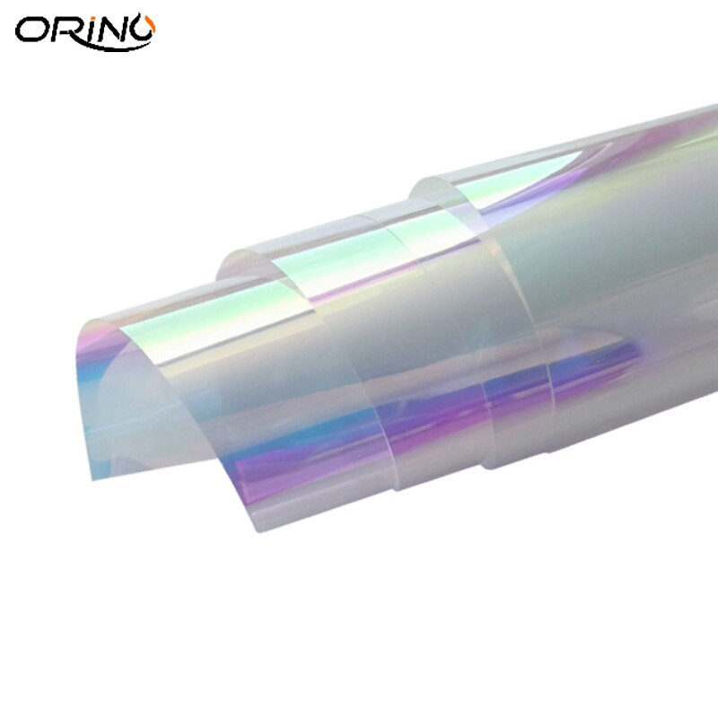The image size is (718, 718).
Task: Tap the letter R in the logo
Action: coord(69,30)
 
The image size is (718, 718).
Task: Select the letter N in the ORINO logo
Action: coord(117,30)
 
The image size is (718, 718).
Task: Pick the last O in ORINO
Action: coord(143,30)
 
